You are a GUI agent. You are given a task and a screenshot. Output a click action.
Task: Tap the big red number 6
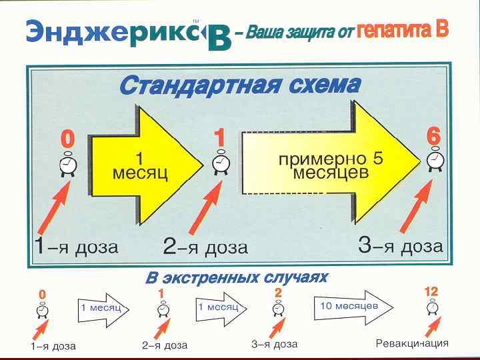point(433,135)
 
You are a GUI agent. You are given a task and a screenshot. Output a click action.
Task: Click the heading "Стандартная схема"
point(239,86)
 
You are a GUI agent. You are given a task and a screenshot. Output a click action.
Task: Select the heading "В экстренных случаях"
point(236,277)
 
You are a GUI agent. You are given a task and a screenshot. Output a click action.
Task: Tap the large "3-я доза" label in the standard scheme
point(400,246)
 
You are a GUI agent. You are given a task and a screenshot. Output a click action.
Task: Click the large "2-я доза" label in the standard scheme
point(205,247)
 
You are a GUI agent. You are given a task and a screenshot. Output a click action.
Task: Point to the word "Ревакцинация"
point(412,343)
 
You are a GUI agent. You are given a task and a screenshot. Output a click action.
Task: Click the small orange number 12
point(431,292)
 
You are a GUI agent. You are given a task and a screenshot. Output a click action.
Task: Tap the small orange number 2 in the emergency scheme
point(278,293)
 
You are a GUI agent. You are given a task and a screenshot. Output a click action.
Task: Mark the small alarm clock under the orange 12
point(433,308)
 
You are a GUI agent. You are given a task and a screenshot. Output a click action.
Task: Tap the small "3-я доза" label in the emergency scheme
point(274,344)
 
